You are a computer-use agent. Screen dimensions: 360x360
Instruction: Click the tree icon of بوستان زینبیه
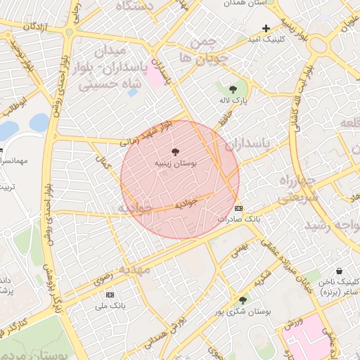[175, 151]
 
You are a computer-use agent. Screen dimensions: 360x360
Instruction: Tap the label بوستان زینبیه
[175, 163]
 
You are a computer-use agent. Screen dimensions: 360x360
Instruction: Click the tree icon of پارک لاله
[233, 89]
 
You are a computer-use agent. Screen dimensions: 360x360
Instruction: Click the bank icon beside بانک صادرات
[239, 208]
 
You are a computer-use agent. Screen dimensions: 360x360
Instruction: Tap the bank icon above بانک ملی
[110, 294]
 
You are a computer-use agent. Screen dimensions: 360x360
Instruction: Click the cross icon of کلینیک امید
[265, 28]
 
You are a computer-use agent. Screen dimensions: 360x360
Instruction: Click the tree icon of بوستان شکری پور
[243, 300]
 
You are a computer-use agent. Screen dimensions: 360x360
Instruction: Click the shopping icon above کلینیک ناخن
[339, 271]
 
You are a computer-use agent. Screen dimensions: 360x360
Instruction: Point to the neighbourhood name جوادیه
[134, 209]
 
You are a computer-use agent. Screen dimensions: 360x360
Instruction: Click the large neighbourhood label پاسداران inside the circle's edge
[249, 144]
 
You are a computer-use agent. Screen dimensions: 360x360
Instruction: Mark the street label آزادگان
[39, 25]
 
